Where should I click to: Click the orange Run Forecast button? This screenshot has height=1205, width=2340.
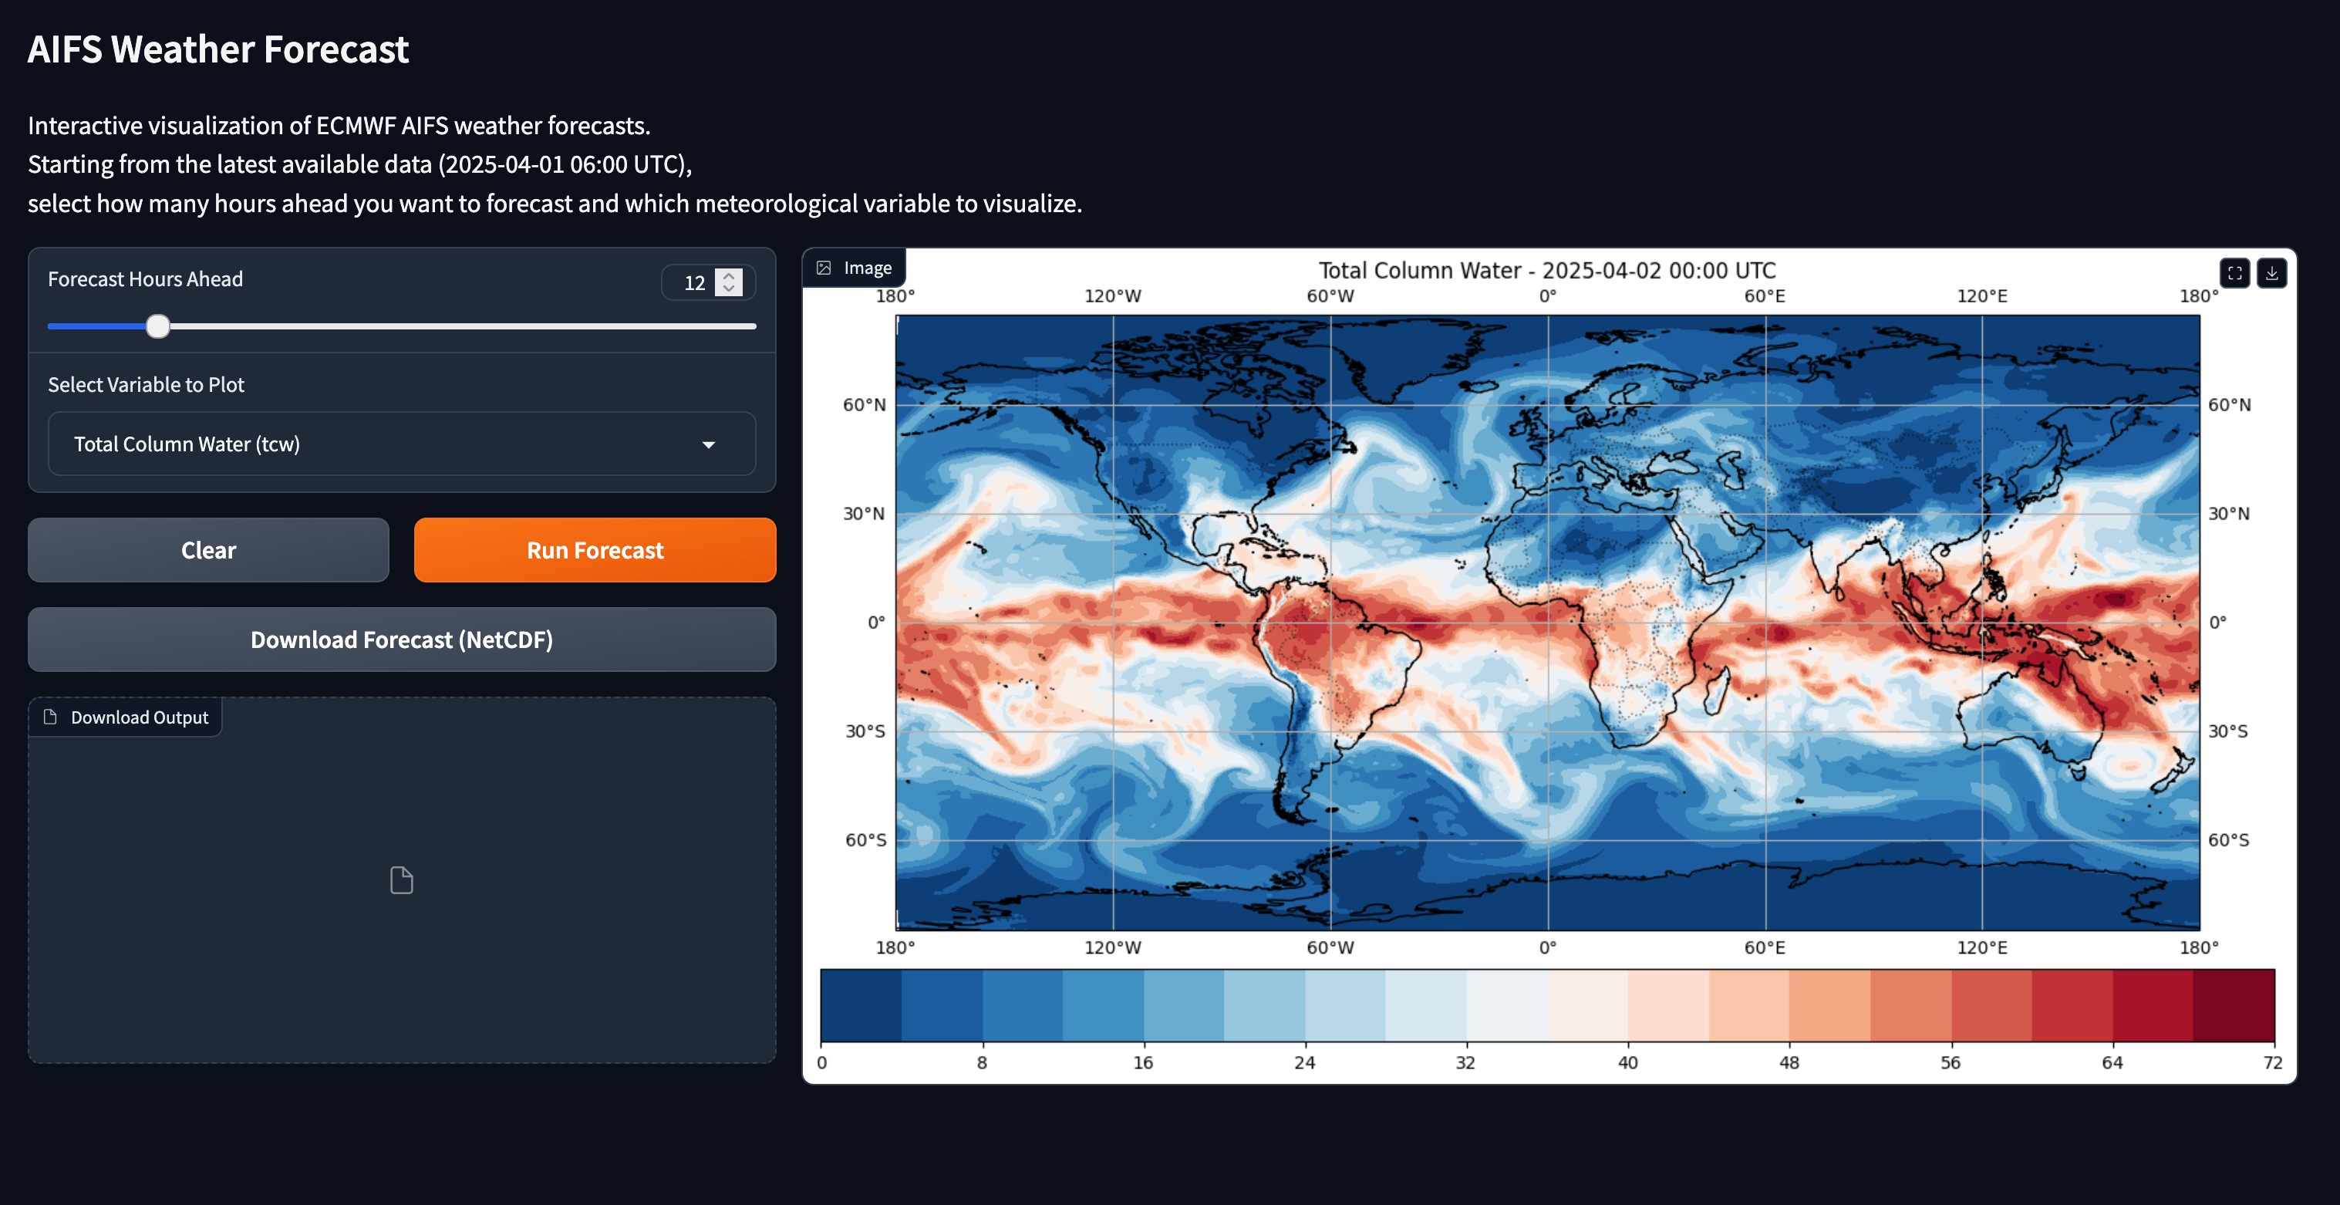click(595, 550)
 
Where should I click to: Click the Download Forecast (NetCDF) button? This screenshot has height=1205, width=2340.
click(402, 640)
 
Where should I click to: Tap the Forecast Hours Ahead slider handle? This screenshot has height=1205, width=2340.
click(158, 326)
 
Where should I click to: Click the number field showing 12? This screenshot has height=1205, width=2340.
click(695, 282)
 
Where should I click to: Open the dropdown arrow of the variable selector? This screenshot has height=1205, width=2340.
click(709, 444)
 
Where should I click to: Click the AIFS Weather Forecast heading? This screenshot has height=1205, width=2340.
click(218, 49)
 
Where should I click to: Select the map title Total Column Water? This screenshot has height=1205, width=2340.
click(1546, 270)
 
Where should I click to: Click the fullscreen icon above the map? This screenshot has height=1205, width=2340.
click(2234, 272)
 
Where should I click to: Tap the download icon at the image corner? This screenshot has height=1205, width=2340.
click(2272, 272)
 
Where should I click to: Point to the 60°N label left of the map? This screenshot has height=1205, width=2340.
click(864, 404)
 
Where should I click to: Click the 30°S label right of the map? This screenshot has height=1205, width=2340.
click(2228, 731)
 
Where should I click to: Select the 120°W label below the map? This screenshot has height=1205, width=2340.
click(1113, 947)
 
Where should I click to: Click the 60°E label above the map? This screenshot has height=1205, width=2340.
click(1764, 296)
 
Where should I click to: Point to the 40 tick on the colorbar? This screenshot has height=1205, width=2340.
click(1627, 1062)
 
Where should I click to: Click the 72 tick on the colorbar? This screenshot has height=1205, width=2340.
click(2272, 1062)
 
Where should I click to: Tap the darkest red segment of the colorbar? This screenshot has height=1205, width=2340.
click(2234, 1004)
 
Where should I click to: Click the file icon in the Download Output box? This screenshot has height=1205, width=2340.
click(402, 879)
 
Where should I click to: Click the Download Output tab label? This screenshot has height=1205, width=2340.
click(139, 717)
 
